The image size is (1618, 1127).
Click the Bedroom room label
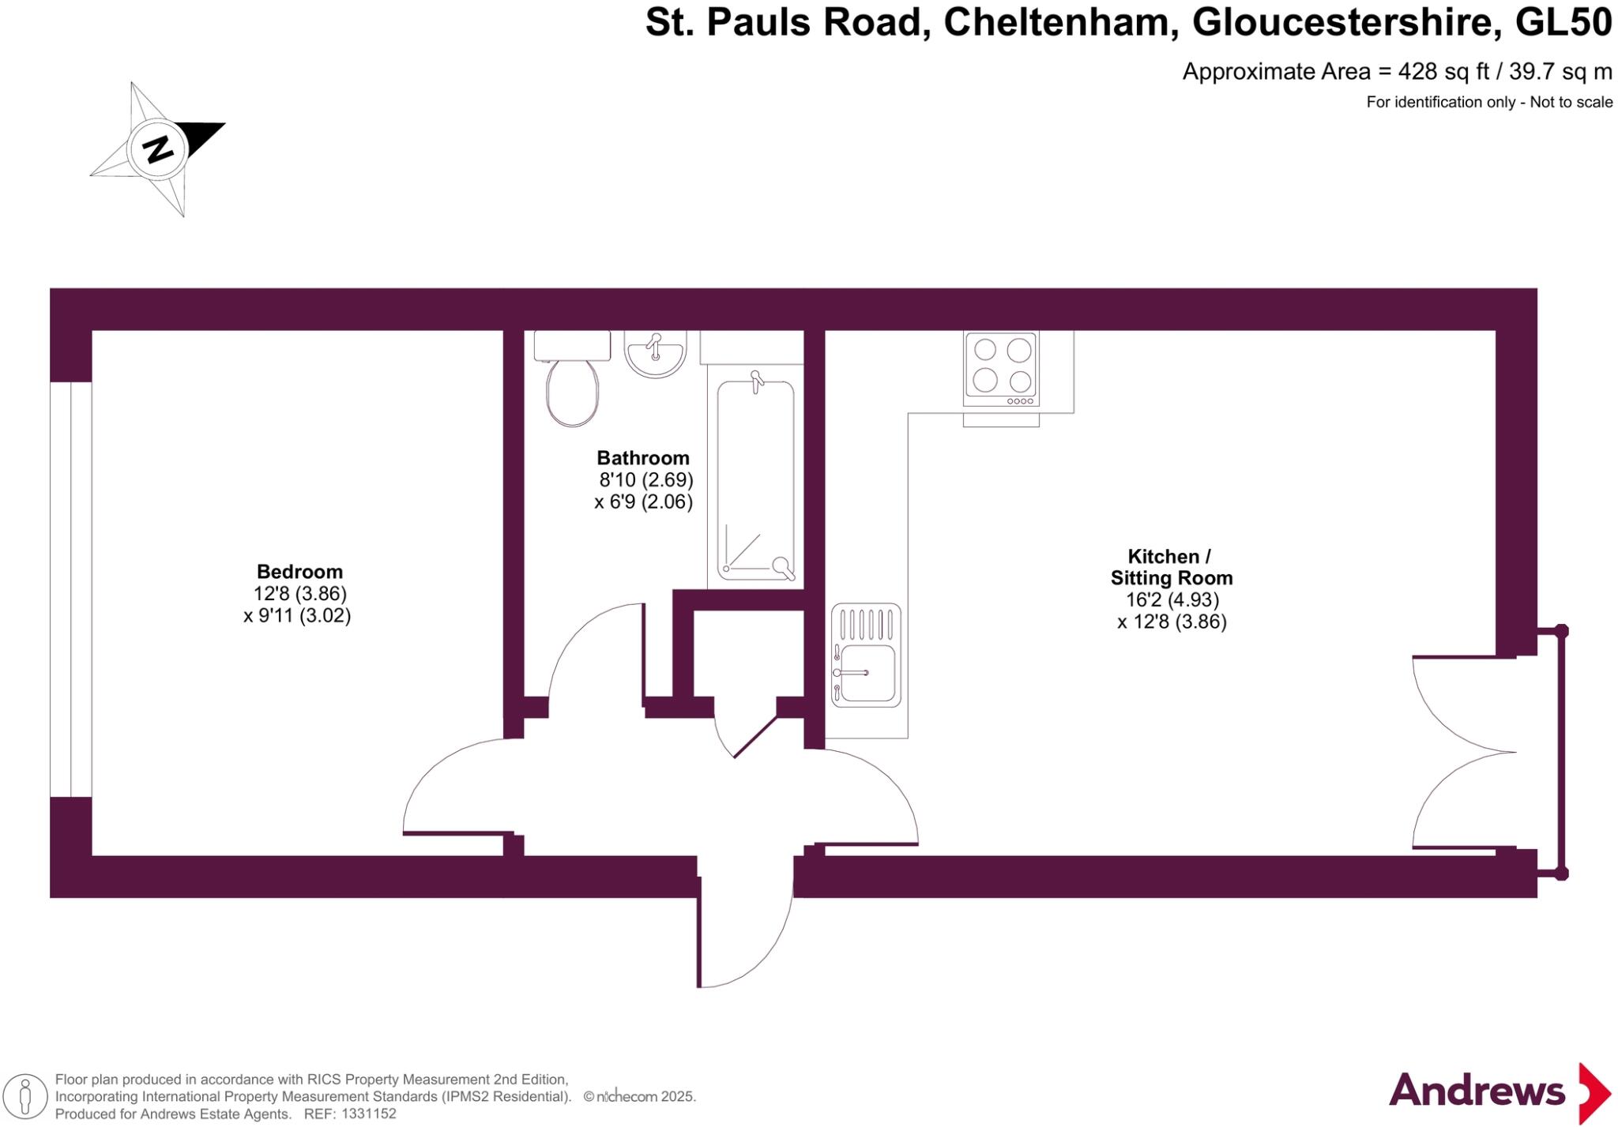pos(299,571)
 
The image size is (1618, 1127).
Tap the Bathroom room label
pos(643,458)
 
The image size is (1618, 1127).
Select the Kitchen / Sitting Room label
pos(1172,567)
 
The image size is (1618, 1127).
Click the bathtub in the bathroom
pos(755,480)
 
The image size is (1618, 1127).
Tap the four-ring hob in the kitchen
pos(1001,368)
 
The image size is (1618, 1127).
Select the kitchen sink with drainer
pos(866,655)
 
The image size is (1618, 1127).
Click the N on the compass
pos(158,148)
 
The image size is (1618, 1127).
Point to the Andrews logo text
pos(1477,1091)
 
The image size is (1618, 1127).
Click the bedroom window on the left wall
pos(71,589)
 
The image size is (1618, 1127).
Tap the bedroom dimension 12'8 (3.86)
pos(300,593)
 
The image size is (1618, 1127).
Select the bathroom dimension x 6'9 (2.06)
pos(643,502)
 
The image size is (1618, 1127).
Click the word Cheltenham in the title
pos(1056,22)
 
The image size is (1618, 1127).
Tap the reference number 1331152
pos(366,1114)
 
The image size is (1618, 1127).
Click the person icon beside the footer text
pos(25,1096)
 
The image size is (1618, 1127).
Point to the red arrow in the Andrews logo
pos(1594,1093)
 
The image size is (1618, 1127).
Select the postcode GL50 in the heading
pos(1563,22)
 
